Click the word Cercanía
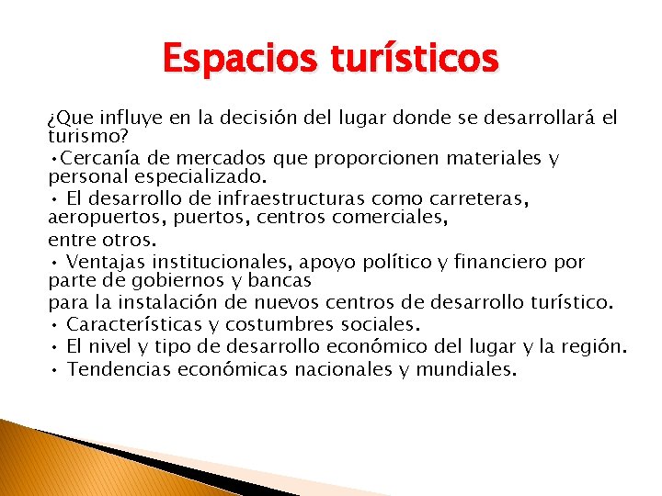click(102, 158)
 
